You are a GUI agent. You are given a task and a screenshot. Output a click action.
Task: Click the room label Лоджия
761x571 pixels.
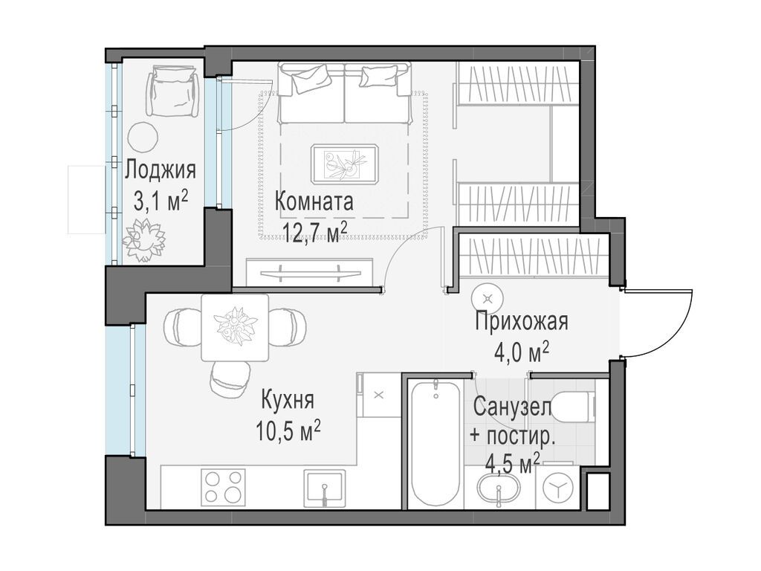point(160,170)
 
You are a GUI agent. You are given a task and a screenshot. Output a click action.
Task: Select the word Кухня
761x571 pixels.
point(287,400)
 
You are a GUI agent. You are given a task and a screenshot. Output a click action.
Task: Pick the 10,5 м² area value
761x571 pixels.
point(288,431)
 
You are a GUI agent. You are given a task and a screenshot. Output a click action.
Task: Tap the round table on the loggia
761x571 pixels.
point(142,136)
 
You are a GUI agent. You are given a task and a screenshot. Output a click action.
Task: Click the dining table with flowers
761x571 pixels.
point(235,327)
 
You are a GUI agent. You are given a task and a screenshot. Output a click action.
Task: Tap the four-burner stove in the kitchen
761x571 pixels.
point(224,487)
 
